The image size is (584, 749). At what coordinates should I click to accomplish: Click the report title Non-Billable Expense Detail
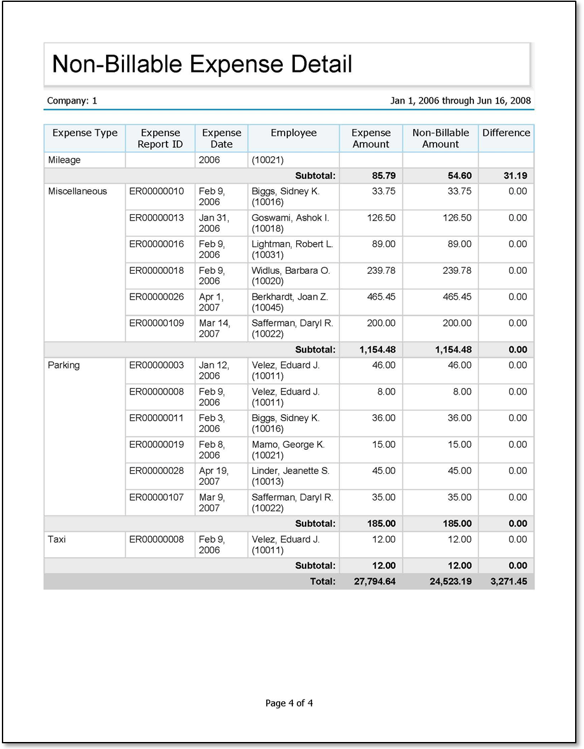coord(201,64)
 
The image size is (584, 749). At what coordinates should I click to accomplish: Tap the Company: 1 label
coord(72,101)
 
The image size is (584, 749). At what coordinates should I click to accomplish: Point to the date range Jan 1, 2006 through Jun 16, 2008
coord(460,101)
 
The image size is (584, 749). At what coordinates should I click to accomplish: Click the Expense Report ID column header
coord(160,138)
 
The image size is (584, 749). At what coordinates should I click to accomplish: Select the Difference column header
coord(506,133)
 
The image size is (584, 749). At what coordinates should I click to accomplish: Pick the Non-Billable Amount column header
coord(440,138)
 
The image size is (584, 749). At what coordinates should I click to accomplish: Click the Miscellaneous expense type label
coord(78,191)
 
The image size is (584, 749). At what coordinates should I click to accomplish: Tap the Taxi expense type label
coord(57,539)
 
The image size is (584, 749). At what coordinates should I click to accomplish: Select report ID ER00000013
coord(156,218)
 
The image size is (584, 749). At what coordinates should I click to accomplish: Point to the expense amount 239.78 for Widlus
coord(381,271)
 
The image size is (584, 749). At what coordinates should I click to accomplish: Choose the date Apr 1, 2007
coord(212,302)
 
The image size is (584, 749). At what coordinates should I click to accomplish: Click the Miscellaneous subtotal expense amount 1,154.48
coord(377,349)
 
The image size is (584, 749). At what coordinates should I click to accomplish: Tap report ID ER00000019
coord(156,445)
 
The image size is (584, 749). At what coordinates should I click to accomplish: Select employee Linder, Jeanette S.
coord(290,471)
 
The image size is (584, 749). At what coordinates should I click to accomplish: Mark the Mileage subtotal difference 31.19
coord(515,175)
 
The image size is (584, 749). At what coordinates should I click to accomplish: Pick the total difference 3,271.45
coord(508,581)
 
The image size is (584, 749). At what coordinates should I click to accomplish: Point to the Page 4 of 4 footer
coord(289,703)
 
